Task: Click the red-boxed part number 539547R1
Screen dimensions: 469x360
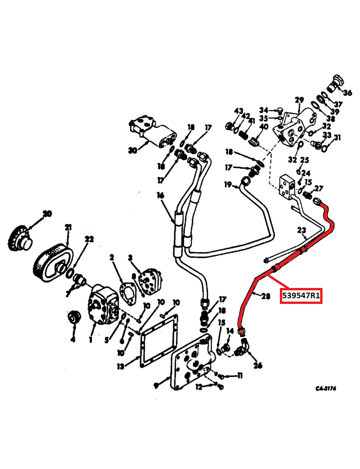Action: click(x=300, y=296)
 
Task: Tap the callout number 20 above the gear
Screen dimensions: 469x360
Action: click(x=47, y=214)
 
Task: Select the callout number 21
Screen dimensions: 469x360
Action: click(x=68, y=227)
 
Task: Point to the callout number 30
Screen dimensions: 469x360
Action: click(x=132, y=151)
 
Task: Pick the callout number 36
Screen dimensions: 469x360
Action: click(x=347, y=92)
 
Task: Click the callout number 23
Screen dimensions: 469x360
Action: click(x=301, y=230)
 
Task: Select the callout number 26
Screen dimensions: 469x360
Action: click(x=258, y=366)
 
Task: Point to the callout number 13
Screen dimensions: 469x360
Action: click(x=121, y=366)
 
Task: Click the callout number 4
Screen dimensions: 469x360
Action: click(x=73, y=339)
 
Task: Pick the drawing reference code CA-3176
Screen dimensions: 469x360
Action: click(x=326, y=388)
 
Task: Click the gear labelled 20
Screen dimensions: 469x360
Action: click(x=20, y=239)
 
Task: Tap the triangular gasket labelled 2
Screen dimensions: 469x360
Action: click(x=126, y=289)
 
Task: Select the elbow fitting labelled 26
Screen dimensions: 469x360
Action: click(x=245, y=348)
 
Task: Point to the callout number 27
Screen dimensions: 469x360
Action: click(x=319, y=189)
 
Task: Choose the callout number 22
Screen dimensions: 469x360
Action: click(x=89, y=240)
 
